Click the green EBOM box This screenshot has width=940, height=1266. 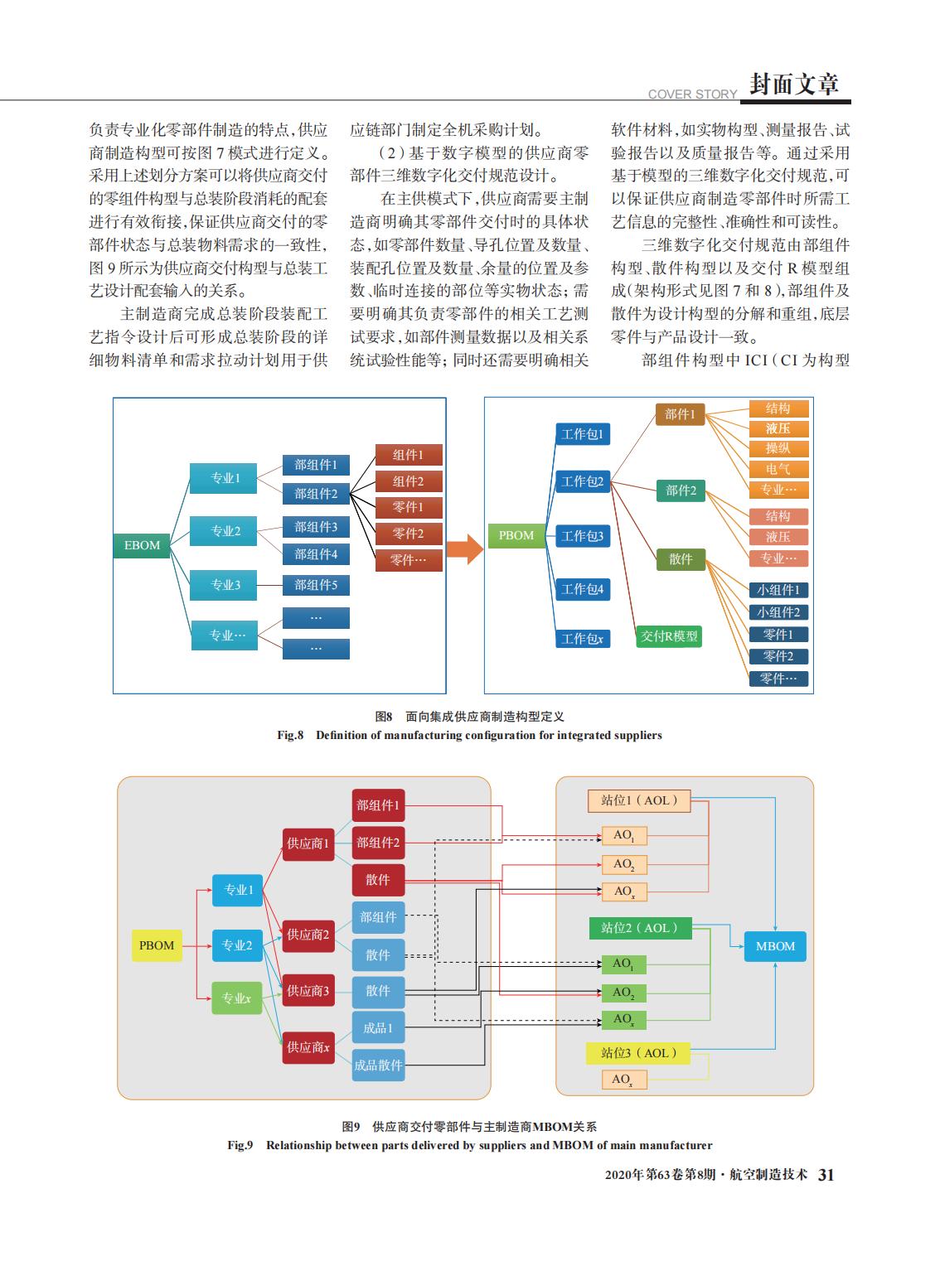click(x=142, y=545)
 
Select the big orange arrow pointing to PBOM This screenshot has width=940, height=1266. click(x=465, y=549)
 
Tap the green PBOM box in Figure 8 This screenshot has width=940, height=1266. click(x=516, y=535)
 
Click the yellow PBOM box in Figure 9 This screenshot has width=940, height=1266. click(x=157, y=945)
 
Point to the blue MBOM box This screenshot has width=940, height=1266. click(x=775, y=946)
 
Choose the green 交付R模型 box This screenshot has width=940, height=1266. click(x=669, y=635)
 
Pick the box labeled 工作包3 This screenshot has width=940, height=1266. click(x=583, y=536)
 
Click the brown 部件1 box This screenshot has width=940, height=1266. click(x=680, y=413)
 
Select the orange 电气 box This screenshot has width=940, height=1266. click(x=778, y=469)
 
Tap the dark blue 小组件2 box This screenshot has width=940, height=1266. click(x=778, y=612)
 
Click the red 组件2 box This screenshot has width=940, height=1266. click(x=409, y=481)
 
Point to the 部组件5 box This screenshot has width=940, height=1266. click(x=316, y=585)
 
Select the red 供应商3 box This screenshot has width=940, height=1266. click(x=308, y=990)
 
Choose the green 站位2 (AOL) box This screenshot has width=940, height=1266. click(x=640, y=928)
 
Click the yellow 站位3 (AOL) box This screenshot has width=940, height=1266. click(x=638, y=1052)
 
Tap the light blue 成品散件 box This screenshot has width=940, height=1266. click(x=378, y=1065)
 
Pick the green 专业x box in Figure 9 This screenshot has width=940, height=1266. click(x=236, y=998)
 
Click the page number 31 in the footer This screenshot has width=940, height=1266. click(x=826, y=1175)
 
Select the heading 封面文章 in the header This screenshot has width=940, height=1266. click(x=794, y=84)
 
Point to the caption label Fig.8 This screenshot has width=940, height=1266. click(x=290, y=735)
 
